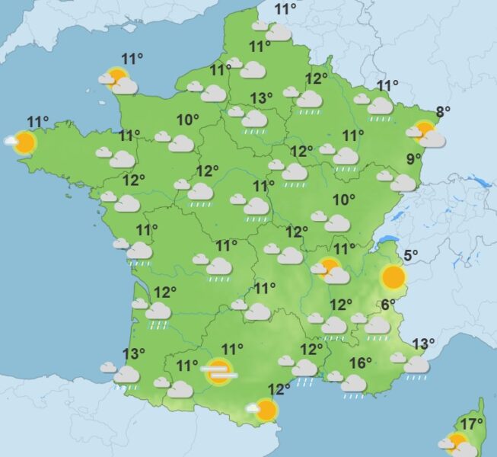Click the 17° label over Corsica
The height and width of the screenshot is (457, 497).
[473, 423]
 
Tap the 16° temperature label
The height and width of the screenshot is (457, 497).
[361, 363]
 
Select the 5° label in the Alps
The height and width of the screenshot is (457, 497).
[410, 256]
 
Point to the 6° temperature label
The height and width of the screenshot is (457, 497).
[388, 304]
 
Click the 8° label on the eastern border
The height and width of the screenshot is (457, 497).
[442, 110]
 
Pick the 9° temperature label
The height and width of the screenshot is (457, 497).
[413, 159]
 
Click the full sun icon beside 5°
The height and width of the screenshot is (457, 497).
[393, 277]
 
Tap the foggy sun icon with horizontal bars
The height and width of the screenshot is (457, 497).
[218, 371]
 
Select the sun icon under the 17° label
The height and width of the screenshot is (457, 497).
[457, 444]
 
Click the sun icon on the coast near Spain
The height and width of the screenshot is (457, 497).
[265, 411]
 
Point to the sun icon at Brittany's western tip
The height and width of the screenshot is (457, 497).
[24, 142]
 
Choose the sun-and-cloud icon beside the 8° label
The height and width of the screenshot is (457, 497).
[426, 134]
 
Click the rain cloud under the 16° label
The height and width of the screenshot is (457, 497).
[353, 384]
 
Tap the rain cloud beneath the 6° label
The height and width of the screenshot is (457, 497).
[377, 325]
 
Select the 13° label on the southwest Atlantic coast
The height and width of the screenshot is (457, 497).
[134, 353]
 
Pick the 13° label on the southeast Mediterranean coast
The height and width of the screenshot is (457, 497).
[422, 344]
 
